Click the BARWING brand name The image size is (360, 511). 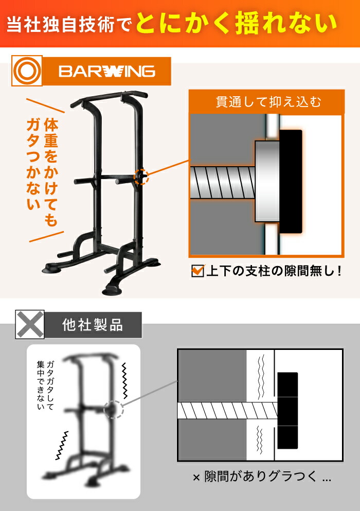coord(106,71)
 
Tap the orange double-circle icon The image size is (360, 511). coord(27,71)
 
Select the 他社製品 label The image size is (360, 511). coord(93,325)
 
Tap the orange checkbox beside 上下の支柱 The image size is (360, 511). coord(198,271)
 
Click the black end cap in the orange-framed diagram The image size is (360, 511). coord(290,181)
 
